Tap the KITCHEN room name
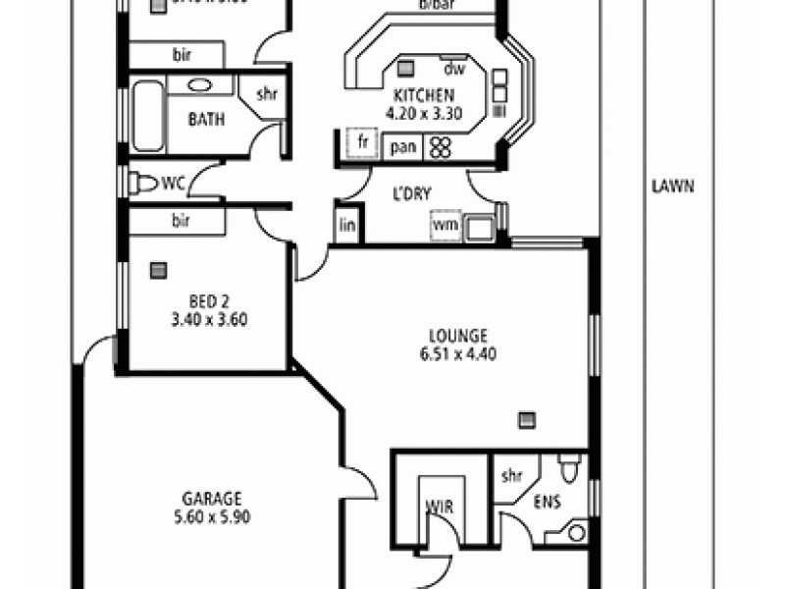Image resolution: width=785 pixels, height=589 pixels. point(423,95)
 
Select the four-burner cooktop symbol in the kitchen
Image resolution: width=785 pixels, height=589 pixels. point(441,147)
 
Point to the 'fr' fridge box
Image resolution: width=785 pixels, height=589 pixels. point(363,141)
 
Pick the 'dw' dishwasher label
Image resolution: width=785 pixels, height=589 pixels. point(453,69)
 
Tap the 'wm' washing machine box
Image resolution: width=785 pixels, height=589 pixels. point(445,225)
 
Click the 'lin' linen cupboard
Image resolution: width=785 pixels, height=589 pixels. point(346,225)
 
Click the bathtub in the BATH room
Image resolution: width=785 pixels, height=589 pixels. point(148,116)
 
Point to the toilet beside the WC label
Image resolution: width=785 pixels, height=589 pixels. point(143,183)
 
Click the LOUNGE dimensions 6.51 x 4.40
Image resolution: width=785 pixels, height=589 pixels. point(456,353)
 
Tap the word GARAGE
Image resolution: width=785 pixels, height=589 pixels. point(211,498)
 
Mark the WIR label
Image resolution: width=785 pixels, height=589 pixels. point(438,508)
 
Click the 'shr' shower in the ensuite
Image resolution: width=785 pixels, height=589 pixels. point(511,476)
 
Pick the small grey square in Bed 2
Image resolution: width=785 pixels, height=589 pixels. point(157,270)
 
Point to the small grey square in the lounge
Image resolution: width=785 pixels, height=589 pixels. point(528,420)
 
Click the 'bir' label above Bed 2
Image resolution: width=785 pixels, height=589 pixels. point(181,221)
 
